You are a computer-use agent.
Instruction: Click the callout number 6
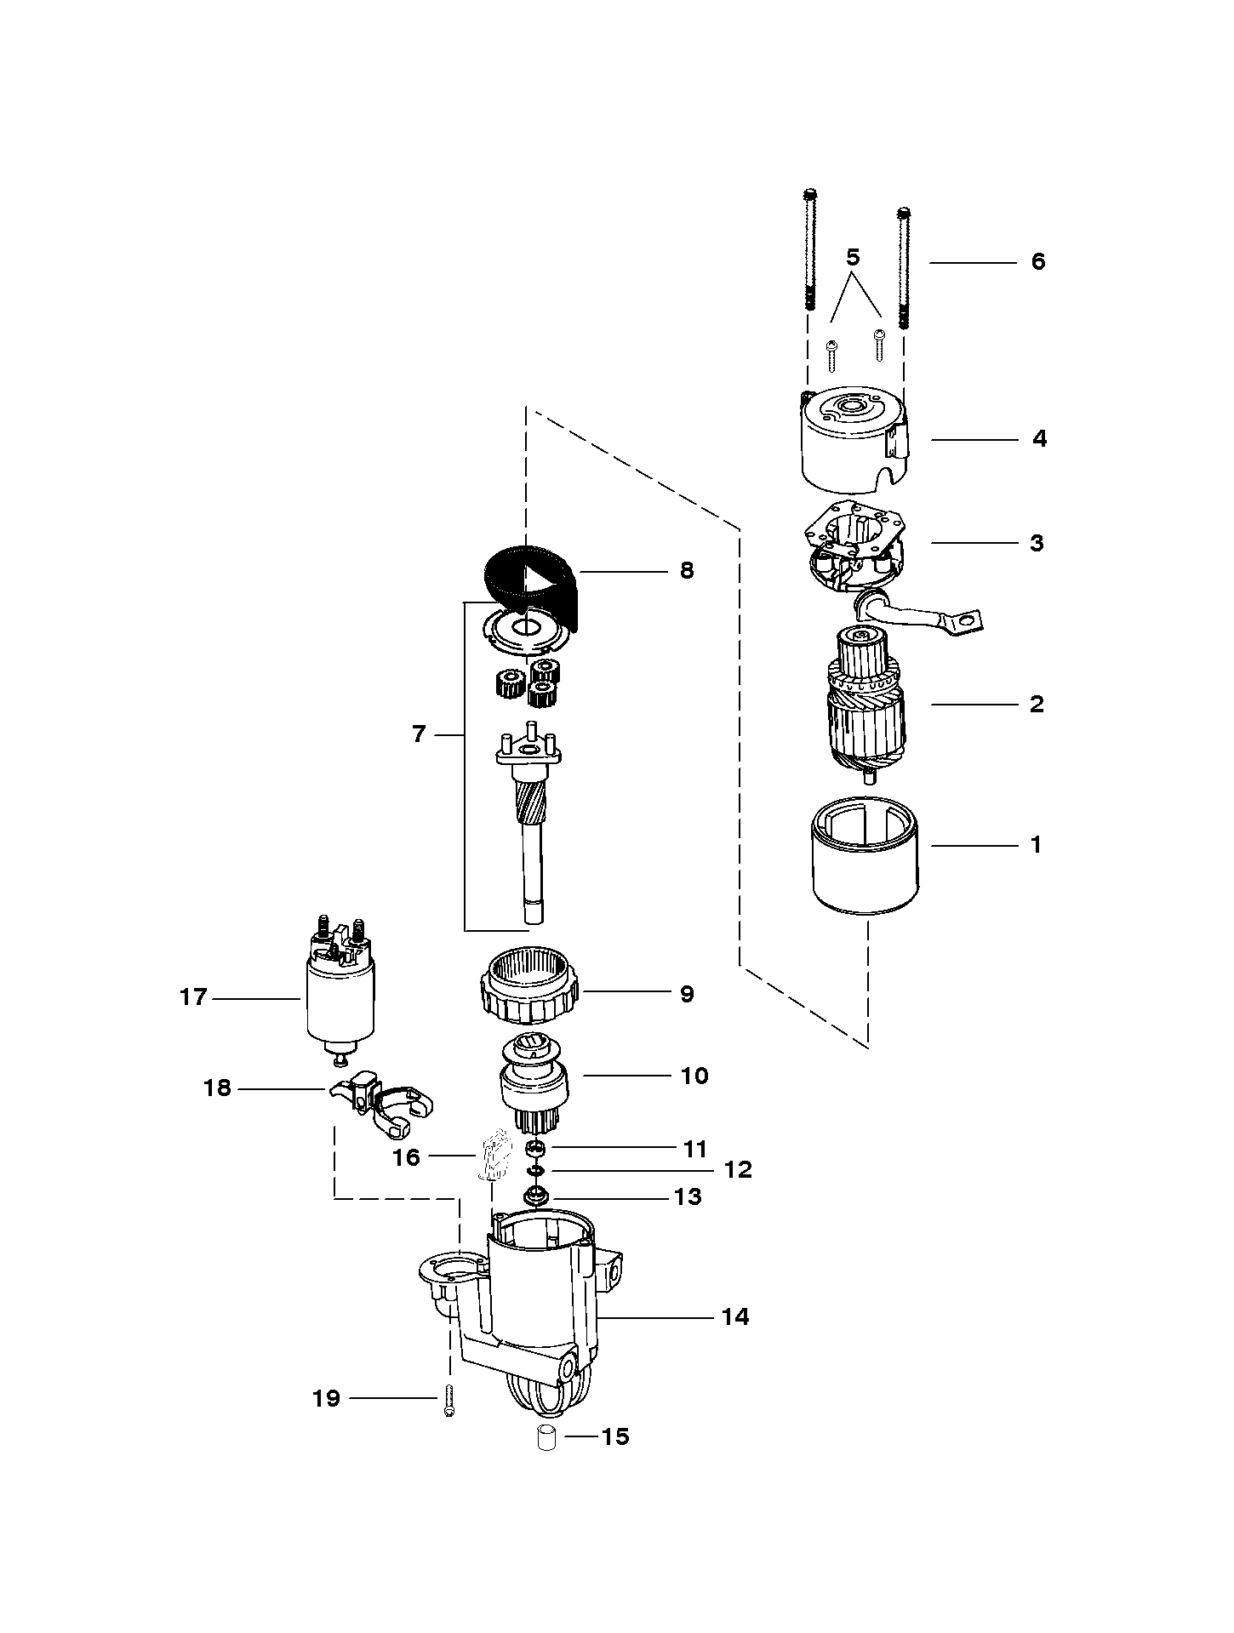pyautogui.click(x=1037, y=261)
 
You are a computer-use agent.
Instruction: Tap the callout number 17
pyautogui.click(x=193, y=996)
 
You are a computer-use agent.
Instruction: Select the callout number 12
pyautogui.click(x=738, y=1169)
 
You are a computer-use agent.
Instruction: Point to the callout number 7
pyautogui.click(x=418, y=734)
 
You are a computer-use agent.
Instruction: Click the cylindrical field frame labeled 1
pyautogui.click(x=865, y=864)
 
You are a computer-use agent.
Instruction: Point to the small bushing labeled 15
pyautogui.click(x=546, y=1437)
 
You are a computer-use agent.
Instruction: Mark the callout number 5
pyautogui.click(x=854, y=256)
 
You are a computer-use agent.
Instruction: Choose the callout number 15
pyautogui.click(x=614, y=1436)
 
